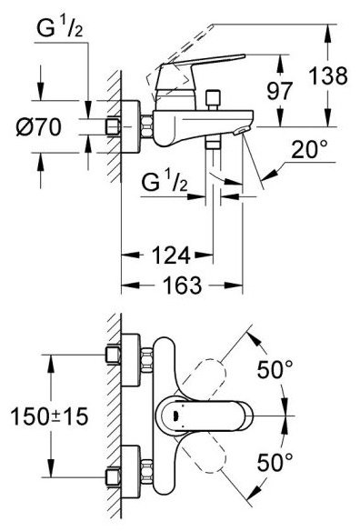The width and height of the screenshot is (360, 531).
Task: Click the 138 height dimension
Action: [328, 75]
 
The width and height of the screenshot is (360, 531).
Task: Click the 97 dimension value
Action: [279, 91]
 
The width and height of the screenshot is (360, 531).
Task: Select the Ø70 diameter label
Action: [39, 126]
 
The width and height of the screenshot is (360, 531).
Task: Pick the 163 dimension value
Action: [183, 286]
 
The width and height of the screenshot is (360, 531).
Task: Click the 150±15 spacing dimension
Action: [50, 416]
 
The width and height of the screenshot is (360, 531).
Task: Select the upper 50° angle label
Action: [275, 369]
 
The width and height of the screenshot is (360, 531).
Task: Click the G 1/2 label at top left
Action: [59, 28]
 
